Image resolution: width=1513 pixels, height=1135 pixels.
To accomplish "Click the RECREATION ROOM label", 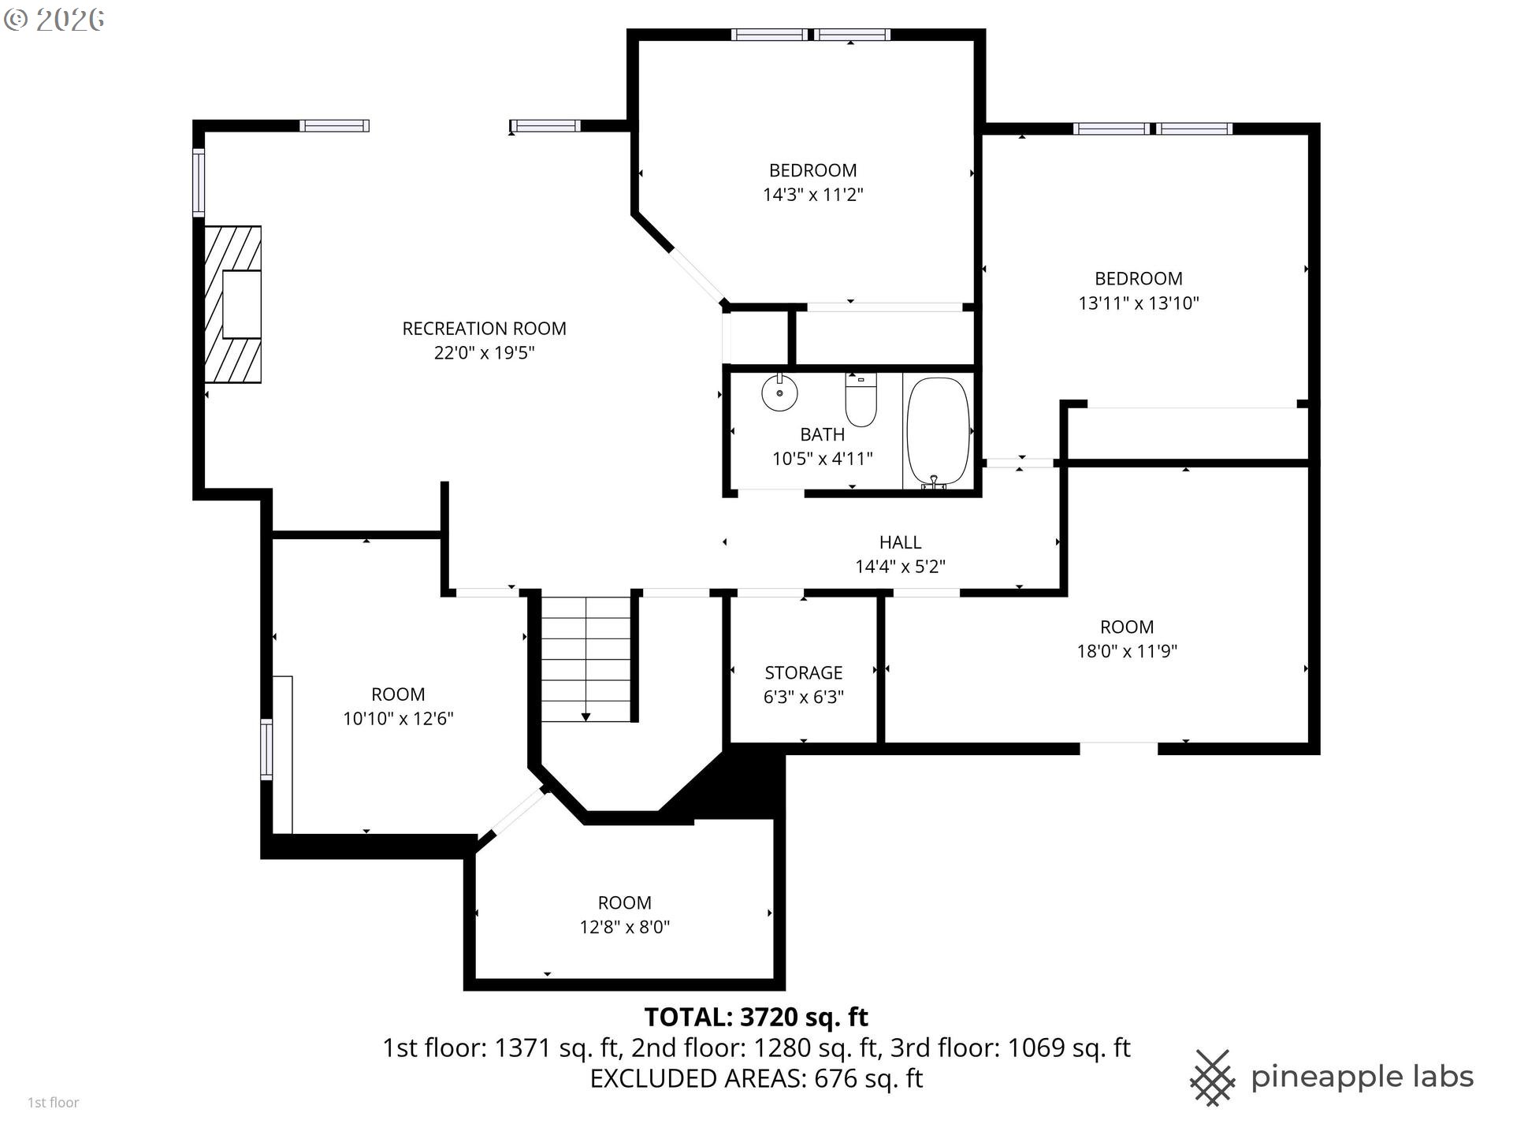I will coord(484,329).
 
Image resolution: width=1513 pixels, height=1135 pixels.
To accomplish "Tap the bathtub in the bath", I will coord(937,431).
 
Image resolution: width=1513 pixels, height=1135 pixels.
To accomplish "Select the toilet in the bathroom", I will coord(861,400).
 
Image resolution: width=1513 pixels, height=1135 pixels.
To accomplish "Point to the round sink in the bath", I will coord(779,393).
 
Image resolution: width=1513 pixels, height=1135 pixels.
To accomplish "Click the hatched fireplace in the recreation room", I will coord(233,304).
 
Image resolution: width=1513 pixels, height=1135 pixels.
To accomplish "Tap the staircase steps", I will coord(586,658).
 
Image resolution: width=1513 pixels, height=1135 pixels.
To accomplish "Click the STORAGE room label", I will coord(803,672).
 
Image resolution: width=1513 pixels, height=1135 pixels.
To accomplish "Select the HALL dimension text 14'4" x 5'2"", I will coord(900,566).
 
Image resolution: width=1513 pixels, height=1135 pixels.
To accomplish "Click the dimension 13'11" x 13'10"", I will coord(1138,303).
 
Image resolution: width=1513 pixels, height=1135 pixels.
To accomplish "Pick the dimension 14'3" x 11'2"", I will coord(812,195).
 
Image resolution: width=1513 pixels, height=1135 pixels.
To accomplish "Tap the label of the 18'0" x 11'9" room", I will coord(1126,627).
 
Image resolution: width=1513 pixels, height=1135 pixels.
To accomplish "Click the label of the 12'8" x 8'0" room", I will coord(624,902).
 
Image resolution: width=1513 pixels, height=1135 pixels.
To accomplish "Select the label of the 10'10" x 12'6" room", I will coord(398,694).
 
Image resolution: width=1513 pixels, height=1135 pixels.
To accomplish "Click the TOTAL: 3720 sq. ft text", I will coord(756,1017).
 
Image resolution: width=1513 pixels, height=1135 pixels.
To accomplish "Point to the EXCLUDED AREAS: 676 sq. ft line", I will coord(756,1078).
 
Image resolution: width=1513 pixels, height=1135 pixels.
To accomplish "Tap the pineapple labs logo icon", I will coord(1212,1077).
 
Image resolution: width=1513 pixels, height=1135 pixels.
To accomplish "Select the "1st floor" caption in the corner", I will coord(53,1103).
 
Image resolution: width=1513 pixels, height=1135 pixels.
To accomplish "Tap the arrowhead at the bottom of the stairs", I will coord(586,716).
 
